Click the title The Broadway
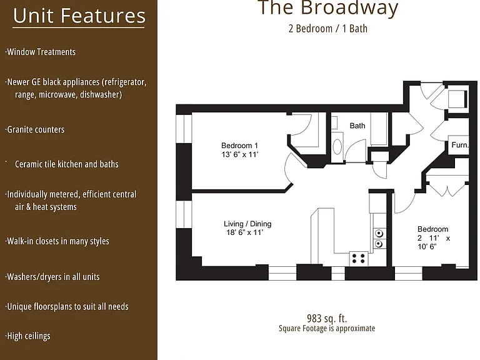(328, 7)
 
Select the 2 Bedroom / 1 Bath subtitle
(328, 29)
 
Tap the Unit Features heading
(79, 16)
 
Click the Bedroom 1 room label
(239, 146)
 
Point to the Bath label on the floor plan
(357, 126)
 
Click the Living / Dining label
(247, 224)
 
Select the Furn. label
(460, 145)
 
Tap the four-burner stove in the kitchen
(359, 258)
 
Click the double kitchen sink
(379, 239)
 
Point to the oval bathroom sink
(337, 147)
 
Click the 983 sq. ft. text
(327, 319)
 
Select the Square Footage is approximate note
(327, 329)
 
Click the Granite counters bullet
(35, 129)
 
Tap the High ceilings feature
(28, 336)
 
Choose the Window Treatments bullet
(41, 52)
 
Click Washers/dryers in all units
(52, 277)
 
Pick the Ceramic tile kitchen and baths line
(67, 164)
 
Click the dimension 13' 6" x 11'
(240, 154)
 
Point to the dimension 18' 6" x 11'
(244, 232)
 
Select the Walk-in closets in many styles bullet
(57, 241)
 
